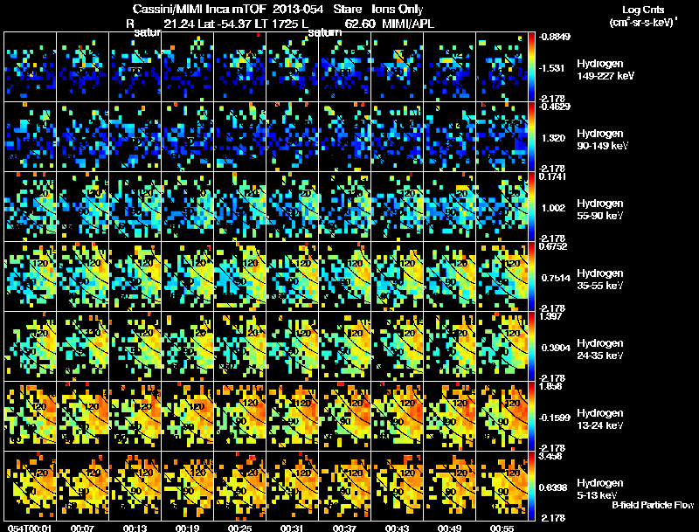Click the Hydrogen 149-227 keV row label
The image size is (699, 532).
tap(602, 70)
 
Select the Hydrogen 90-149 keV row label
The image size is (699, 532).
tap(602, 140)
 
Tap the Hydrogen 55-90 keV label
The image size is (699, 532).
tap(602, 210)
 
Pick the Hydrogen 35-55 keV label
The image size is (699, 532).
tap(602, 280)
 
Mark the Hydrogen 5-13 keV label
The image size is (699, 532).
tap(602, 488)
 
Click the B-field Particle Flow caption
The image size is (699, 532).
tap(653, 505)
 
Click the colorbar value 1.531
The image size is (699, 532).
tap(554, 67)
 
